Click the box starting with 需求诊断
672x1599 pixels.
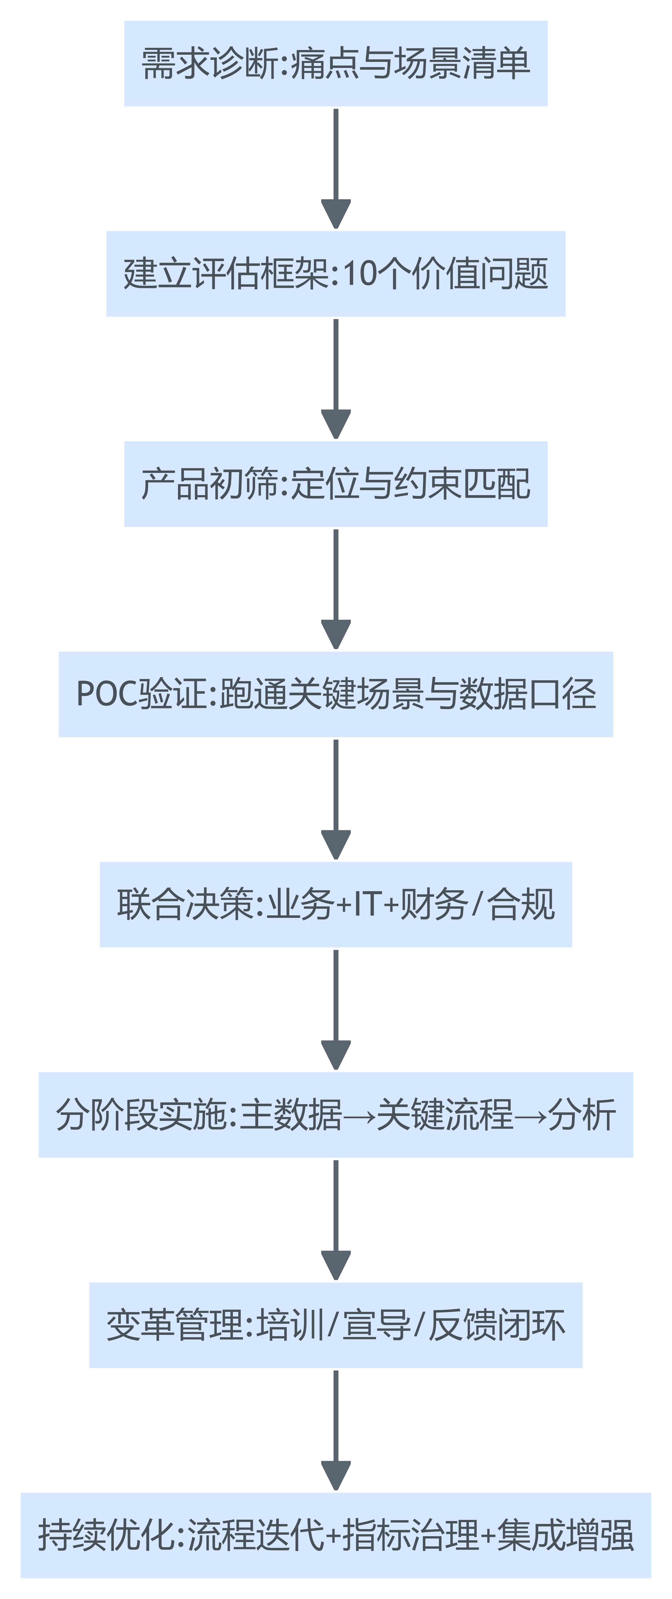[x=336, y=63]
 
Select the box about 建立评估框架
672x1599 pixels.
[x=336, y=274]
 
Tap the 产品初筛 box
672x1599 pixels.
[x=336, y=484]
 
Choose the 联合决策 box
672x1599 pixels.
[x=336, y=904]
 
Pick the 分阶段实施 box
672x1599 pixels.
[x=336, y=1115]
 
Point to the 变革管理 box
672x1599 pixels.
[x=336, y=1325]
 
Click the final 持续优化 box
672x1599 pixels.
[x=336, y=1535]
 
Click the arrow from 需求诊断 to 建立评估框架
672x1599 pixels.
[x=336, y=168]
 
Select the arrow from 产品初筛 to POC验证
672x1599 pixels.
[x=336, y=588]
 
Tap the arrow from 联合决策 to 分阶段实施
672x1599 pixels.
[x=336, y=1009]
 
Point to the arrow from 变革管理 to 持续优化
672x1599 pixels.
[x=336, y=1430]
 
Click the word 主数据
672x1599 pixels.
[x=290, y=1115]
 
